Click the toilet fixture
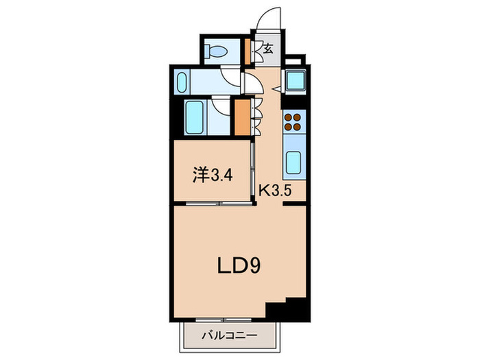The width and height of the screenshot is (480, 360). point(219,51)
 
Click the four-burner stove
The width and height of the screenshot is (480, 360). point(293,121)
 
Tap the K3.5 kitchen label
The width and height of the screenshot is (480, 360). point(276,191)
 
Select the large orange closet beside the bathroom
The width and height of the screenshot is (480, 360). point(241,117)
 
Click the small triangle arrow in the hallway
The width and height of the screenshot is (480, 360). point(276,89)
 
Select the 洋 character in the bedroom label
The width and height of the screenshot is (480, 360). point(200,176)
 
